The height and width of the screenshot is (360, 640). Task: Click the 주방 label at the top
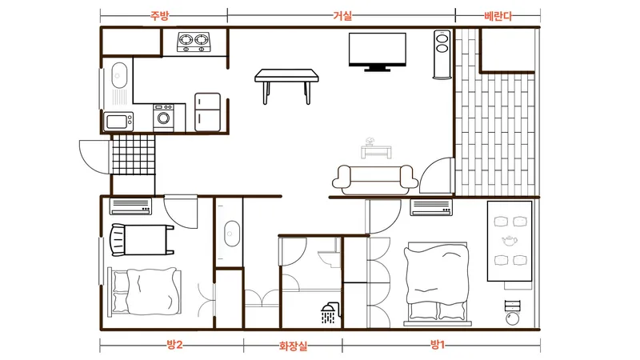pos(159,16)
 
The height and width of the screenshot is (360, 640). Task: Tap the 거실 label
pos(342,16)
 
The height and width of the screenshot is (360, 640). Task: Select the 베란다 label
pos(498,16)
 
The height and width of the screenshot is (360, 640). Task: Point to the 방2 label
pos(174,345)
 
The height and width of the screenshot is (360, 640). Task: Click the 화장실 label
pos(293,346)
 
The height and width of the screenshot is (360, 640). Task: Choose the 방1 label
pos(437,345)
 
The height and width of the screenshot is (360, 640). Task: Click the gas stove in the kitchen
pos(194,42)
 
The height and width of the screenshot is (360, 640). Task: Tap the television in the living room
pos(377,52)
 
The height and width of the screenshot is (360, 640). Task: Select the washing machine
pos(163,118)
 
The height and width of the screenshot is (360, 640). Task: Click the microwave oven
pos(118,122)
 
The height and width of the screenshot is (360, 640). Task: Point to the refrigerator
pos(207,112)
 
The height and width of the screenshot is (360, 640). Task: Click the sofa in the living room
pos(375,179)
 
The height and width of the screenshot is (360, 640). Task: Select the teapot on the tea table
pos(510,241)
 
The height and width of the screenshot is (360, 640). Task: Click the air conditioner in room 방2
pos(130,206)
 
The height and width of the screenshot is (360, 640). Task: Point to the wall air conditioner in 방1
pos(431,207)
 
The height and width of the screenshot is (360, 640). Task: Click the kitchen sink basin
pos(118,75)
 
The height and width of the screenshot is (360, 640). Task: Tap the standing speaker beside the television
pos(442,54)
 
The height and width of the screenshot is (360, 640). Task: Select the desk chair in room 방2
pos(118,240)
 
